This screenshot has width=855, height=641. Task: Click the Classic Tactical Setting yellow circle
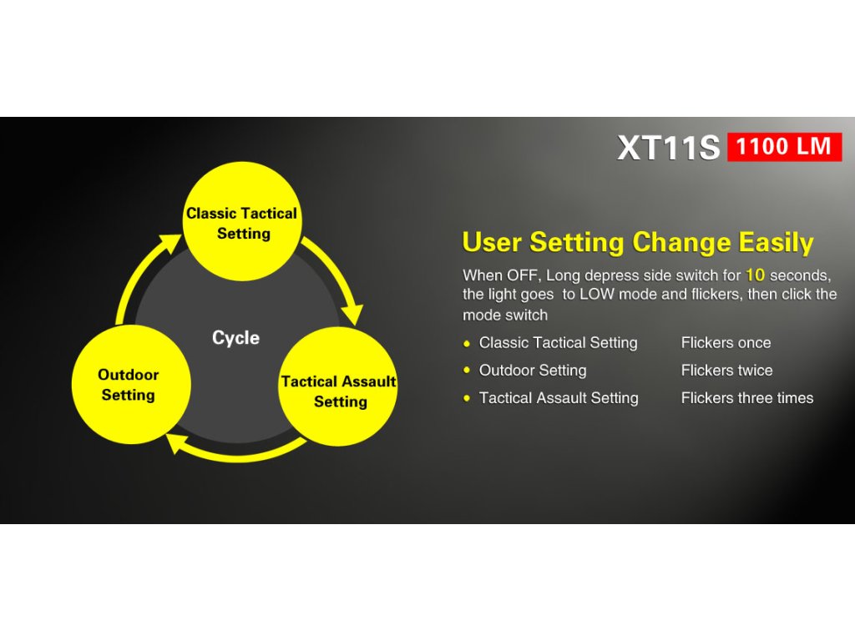point(242,221)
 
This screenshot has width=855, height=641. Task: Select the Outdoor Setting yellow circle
point(131,384)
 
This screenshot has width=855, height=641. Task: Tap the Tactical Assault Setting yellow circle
point(338,386)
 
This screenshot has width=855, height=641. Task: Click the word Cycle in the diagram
point(235,338)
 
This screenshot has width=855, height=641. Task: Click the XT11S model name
point(669,147)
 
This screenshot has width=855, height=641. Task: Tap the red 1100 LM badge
point(785,147)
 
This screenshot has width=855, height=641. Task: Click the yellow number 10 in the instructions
point(755,275)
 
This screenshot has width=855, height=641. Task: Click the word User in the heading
point(493,242)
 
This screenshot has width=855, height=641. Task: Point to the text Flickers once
point(726,343)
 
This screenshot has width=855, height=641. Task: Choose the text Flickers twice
point(727,371)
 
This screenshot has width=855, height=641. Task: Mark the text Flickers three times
point(747,398)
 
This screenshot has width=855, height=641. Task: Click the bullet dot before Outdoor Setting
point(467,371)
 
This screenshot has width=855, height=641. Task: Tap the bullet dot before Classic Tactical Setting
point(467,343)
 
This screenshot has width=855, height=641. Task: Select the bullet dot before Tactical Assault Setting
point(467,398)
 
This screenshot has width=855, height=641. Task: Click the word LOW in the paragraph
point(597,295)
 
